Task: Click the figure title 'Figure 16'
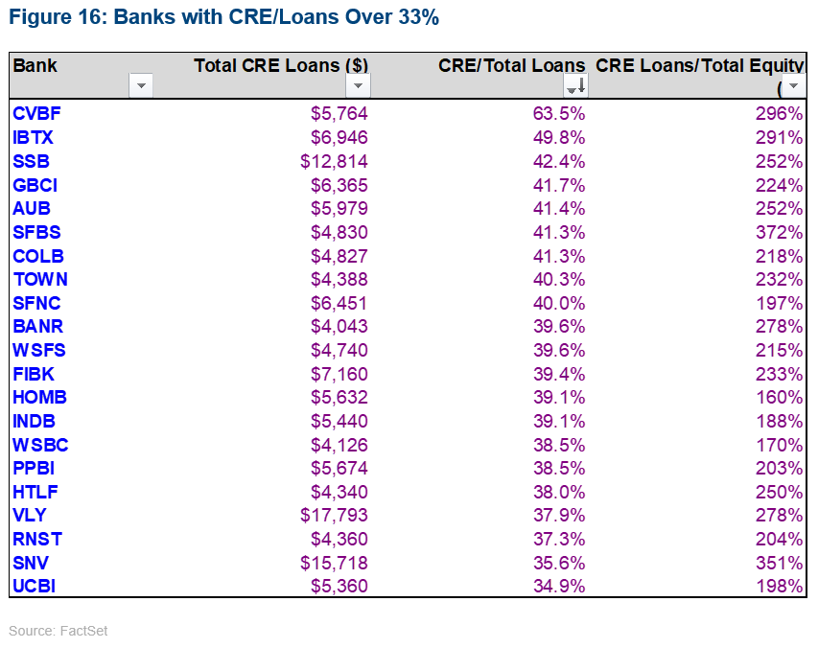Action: [x=223, y=17]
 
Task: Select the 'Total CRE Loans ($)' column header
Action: [x=280, y=65]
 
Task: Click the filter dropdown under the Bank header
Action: [x=141, y=86]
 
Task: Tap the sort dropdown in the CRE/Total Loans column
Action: [x=575, y=86]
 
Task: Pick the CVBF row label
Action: [x=36, y=114]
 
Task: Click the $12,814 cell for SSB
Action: [x=334, y=161]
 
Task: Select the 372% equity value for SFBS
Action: [x=780, y=232]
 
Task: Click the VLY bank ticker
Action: [x=30, y=516]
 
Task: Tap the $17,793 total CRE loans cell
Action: [x=334, y=516]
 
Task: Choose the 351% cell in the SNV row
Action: [x=780, y=563]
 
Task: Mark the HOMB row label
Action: [x=39, y=398]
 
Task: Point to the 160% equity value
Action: [x=780, y=398]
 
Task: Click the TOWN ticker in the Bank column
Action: [x=40, y=279]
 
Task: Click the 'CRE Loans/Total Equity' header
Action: [x=699, y=65]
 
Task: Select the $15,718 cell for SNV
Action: [x=334, y=563]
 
